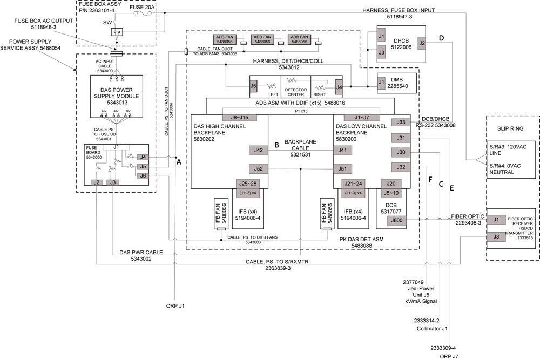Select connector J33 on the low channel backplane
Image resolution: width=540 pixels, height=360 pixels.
point(400,122)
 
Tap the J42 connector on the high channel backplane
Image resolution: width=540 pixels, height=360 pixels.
point(259,151)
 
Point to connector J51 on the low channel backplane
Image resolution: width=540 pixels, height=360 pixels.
point(342,169)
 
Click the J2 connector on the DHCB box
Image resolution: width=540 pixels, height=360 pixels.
point(422,43)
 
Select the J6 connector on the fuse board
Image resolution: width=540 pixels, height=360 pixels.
point(143,175)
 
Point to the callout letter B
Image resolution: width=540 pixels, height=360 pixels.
point(276,145)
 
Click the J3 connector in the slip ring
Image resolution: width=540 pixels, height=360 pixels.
point(496,236)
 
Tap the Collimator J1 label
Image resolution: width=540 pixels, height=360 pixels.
point(434,327)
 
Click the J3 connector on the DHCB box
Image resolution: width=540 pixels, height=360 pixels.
point(381,53)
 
